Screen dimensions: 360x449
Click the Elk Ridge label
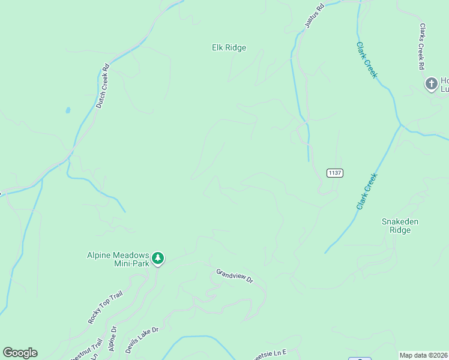pyautogui.click(x=229, y=47)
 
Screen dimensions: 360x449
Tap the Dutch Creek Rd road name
pyautogui.click(x=103, y=86)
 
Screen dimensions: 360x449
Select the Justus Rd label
pyautogui.click(x=314, y=16)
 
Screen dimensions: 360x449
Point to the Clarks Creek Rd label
pyautogui.click(x=423, y=46)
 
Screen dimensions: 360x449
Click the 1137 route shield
pyautogui.click(x=335, y=173)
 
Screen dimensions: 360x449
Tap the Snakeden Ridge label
pyautogui.click(x=400, y=226)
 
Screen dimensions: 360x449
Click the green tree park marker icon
pyautogui.click(x=158, y=259)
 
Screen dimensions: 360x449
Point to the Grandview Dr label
pyautogui.click(x=235, y=276)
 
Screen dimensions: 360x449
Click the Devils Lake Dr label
pyautogui.click(x=142, y=339)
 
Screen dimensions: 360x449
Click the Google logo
pyautogui.click(x=20, y=353)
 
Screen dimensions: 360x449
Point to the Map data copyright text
pyautogui.click(x=423, y=355)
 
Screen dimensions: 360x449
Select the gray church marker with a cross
pyautogui.click(x=431, y=84)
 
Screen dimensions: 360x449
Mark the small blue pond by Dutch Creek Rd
pyautogui.click(x=68, y=110)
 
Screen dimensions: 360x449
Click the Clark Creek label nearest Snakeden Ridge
pyautogui.click(x=366, y=191)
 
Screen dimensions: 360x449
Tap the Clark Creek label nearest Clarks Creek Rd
pyautogui.click(x=366, y=59)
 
